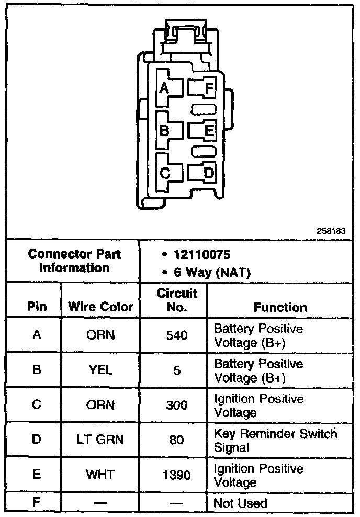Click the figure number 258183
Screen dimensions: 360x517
pos(331,230)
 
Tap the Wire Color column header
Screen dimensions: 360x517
pos(100,307)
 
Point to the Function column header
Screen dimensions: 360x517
pos(280,308)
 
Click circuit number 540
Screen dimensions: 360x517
pos(176,335)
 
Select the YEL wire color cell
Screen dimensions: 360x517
pos(100,370)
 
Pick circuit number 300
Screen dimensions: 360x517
pos(176,405)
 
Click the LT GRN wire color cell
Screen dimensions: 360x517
pos(100,440)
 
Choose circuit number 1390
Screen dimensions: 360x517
pos(176,475)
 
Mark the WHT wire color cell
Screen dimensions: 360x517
pos(100,475)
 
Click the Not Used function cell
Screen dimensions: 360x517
pos(240,503)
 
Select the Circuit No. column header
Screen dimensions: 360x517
pos(176,300)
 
